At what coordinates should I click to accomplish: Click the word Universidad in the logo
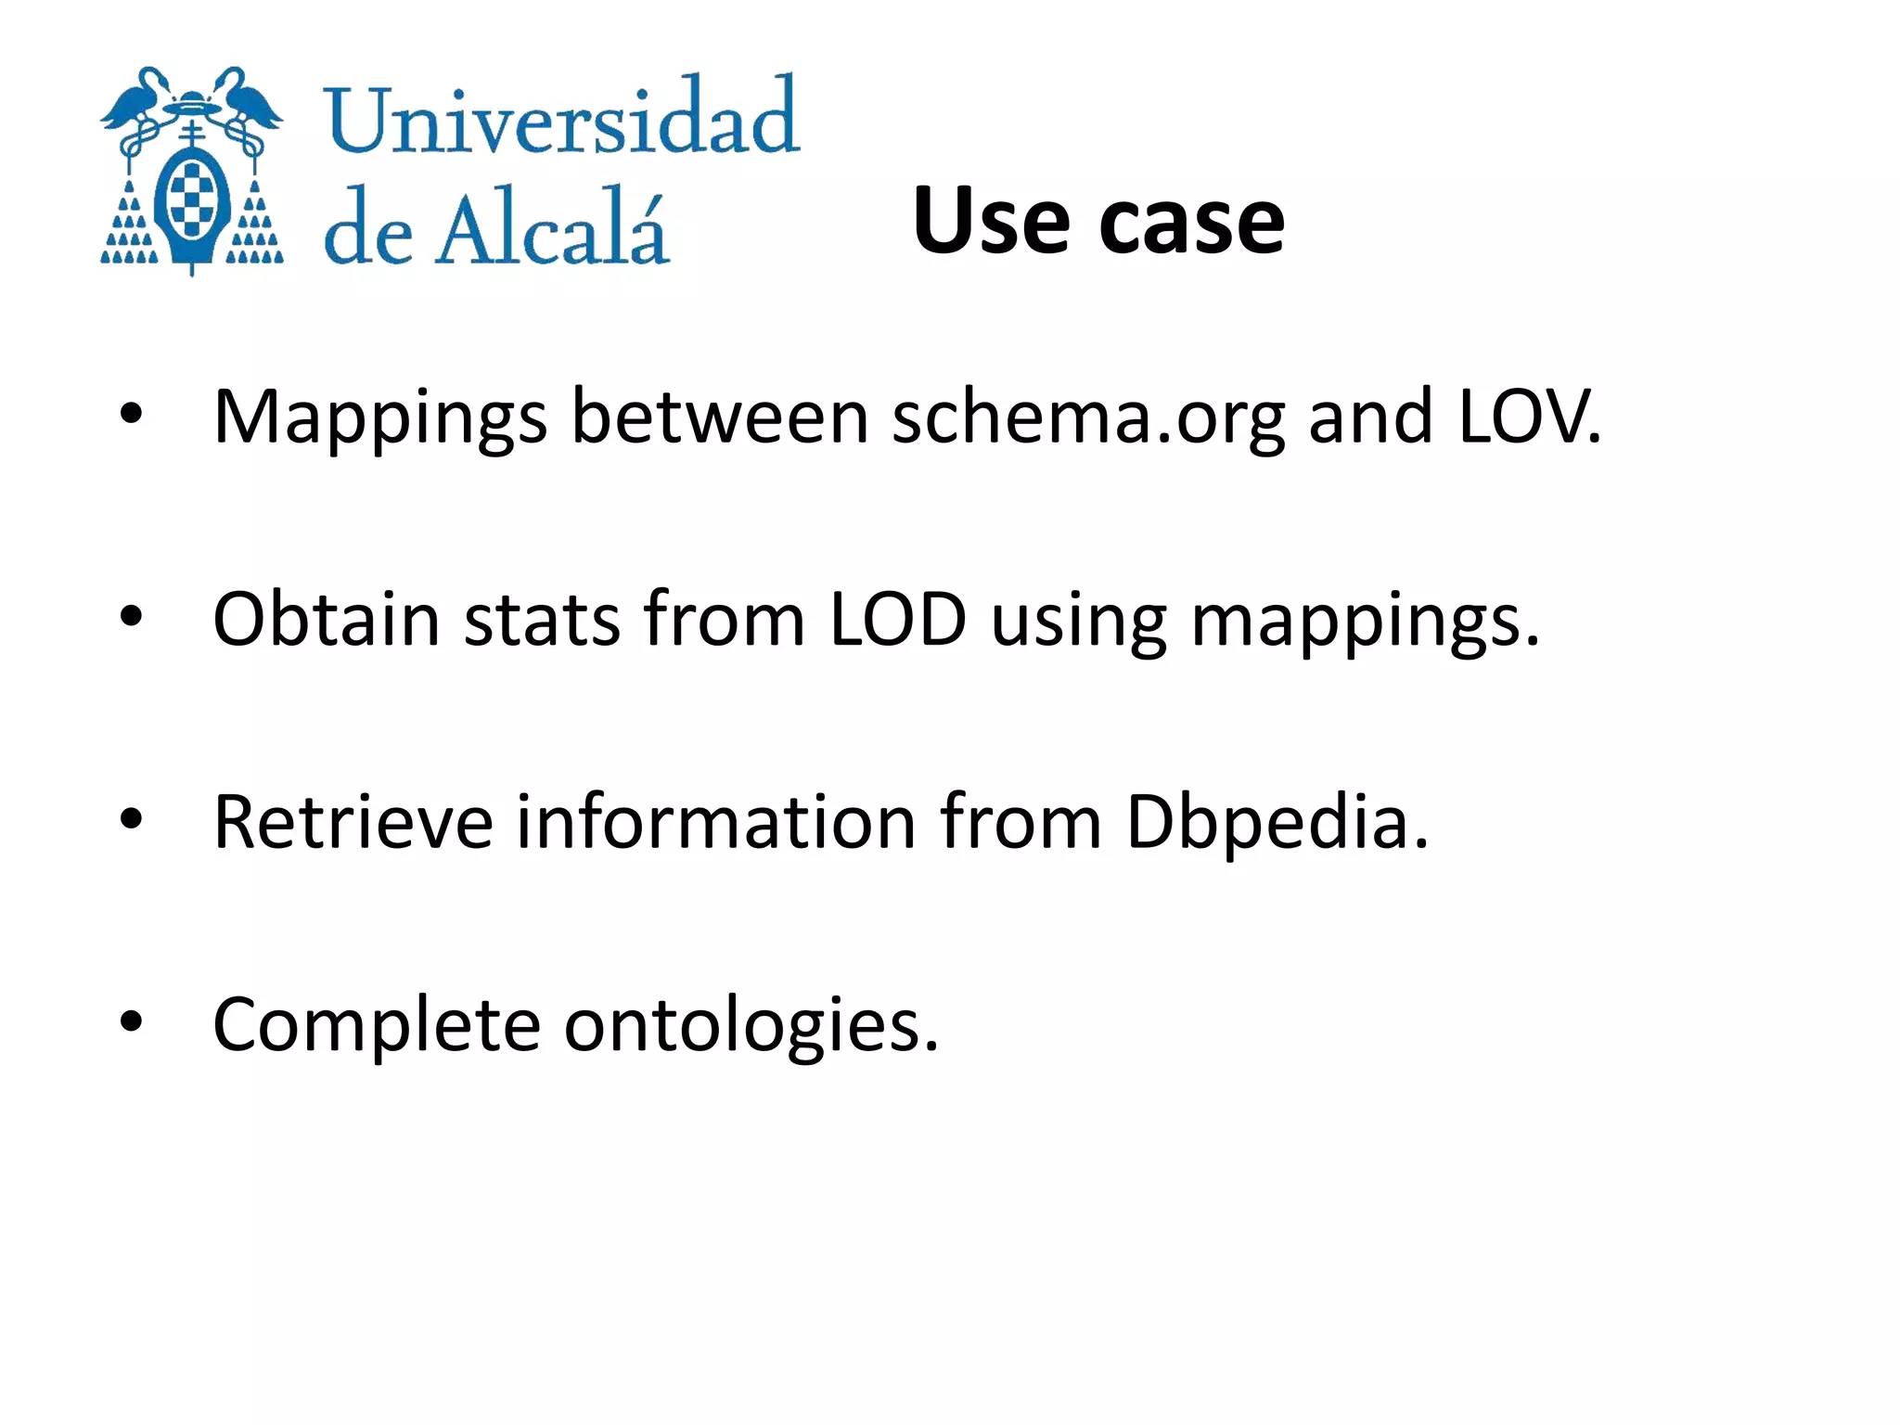click(x=561, y=118)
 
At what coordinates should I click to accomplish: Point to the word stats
click(x=542, y=619)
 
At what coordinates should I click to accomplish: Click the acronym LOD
click(x=897, y=619)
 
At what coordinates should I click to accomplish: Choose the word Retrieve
click(x=353, y=822)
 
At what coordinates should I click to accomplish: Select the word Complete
click(x=377, y=1026)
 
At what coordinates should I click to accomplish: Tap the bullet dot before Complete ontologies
click(x=132, y=1021)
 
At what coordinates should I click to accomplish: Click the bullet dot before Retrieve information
click(x=132, y=818)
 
